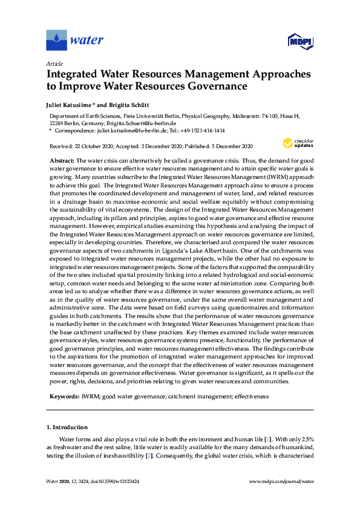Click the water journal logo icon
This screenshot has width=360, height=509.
click(56, 41)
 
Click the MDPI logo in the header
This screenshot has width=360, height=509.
click(299, 42)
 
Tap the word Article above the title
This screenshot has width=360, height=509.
click(54, 63)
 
